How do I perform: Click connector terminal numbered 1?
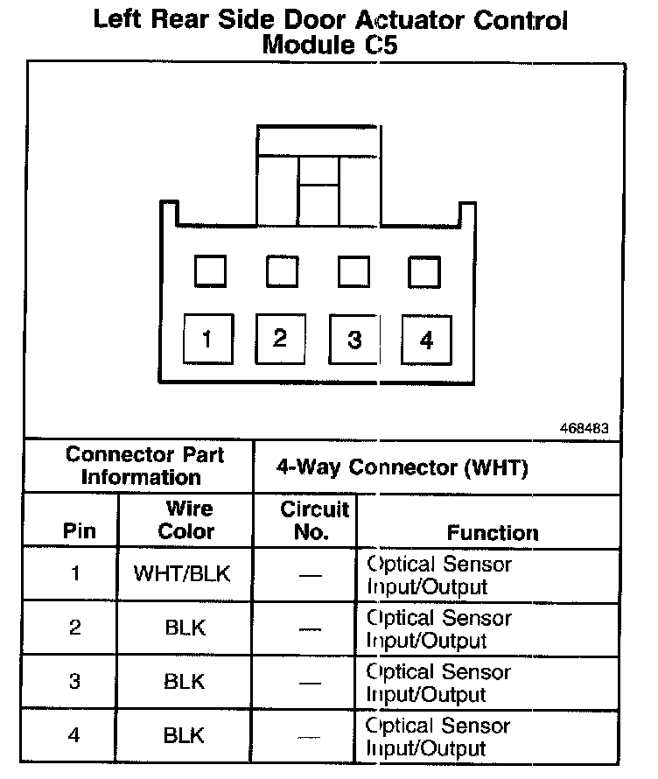tap(206, 339)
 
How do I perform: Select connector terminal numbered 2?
tap(279, 338)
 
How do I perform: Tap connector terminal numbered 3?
tap(353, 339)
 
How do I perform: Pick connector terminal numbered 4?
tap(426, 339)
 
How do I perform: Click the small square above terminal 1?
tap(209, 271)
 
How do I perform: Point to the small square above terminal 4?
tap(424, 271)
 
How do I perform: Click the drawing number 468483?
tap(584, 430)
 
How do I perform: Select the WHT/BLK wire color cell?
tap(185, 574)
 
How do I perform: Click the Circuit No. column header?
tap(313, 520)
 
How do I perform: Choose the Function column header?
tap(493, 532)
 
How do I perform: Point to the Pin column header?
tap(80, 531)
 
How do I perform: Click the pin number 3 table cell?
tap(75, 681)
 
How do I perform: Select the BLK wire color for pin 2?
tap(185, 628)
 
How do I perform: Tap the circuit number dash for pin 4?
tap(309, 736)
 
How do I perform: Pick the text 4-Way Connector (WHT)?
tap(402, 468)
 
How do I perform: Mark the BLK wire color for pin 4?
tap(185, 735)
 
